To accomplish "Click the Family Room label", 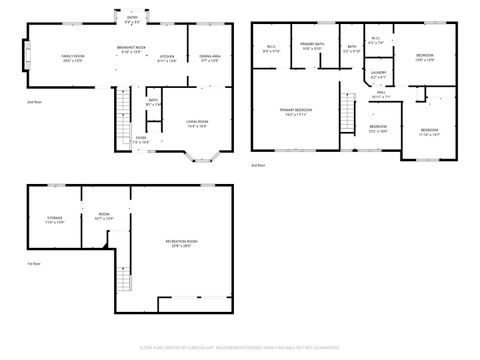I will pos(73,58).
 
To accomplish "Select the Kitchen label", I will pos(168,58).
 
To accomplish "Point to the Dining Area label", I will pos(210,58).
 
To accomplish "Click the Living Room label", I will pos(197,124).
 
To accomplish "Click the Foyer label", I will pos(141,139).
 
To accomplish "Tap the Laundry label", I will pos(378,74).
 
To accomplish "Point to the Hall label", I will pos(381,95).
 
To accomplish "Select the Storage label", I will pos(55,219).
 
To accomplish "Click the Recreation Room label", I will pos(181,243).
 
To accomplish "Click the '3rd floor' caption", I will pos(258,164).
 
